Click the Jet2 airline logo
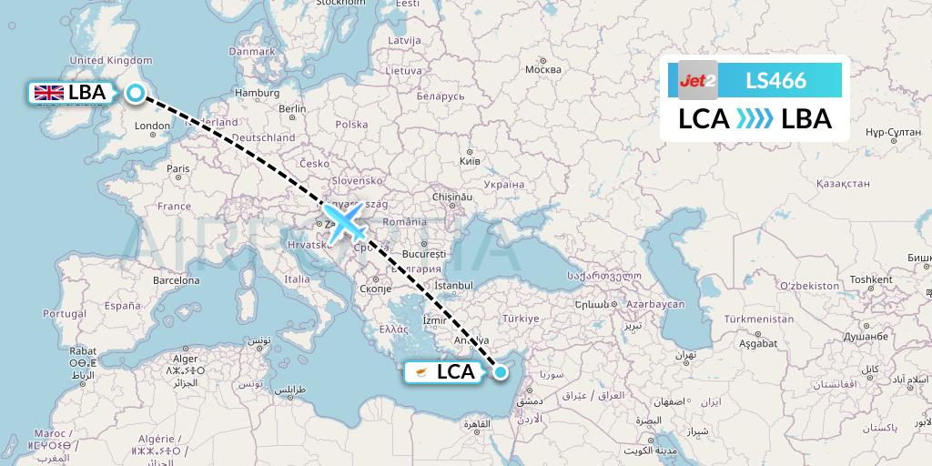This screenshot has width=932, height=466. tap(698, 80)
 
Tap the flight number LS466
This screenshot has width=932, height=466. tap(775, 80)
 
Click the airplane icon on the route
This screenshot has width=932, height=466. tap(343, 221)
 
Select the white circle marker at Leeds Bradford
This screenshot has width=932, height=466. tap(136, 93)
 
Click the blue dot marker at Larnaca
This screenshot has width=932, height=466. tap(500, 371)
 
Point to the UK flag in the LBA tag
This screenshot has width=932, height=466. tap(47, 92)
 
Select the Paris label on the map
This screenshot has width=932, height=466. tap(177, 168)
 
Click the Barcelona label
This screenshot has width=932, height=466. tap(176, 280)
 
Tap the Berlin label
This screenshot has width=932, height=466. tap(292, 108)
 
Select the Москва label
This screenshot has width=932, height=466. tap(543, 70)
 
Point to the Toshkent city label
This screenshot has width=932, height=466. tap(870, 279)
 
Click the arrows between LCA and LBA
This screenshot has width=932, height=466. tap(755, 119)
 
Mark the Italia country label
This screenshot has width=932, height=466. tap(298, 279)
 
